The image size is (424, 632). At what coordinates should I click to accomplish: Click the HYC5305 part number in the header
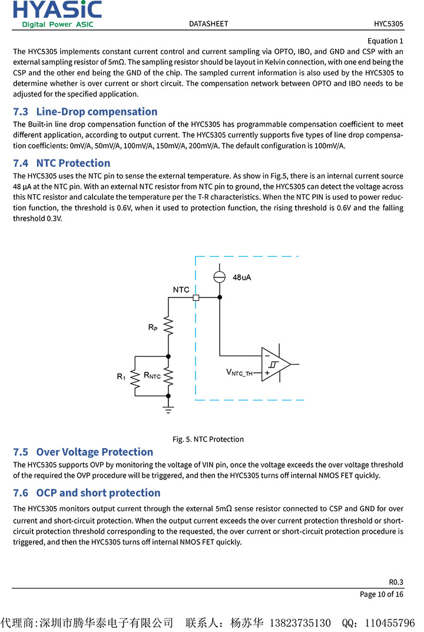coord(388,24)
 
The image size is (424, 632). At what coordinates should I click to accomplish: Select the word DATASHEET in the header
coord(208,24)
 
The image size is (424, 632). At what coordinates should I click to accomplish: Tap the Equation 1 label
coord(385,41)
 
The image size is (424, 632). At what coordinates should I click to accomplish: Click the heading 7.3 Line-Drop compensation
coord(85,111)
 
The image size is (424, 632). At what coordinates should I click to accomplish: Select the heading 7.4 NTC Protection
coord(62,163)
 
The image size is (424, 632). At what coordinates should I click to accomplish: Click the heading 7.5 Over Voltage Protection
coord(83,452)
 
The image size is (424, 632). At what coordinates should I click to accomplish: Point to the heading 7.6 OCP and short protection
coord(87,492)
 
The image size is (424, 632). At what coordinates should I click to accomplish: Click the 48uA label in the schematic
coord(241,277)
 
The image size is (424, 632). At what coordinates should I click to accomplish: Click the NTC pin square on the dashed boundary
coord(196,298)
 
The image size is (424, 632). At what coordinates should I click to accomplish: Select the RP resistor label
coord(153,327)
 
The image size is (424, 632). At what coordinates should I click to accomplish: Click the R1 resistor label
coord(121,376)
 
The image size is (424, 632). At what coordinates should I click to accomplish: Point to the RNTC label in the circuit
coord(152,375)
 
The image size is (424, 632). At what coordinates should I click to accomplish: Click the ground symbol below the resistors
coord(168,408)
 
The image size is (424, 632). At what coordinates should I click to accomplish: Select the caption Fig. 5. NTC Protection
coord(208,439)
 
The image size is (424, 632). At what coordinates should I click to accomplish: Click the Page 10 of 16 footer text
coord(382,594)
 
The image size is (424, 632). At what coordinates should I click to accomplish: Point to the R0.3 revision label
coord(396,581)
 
